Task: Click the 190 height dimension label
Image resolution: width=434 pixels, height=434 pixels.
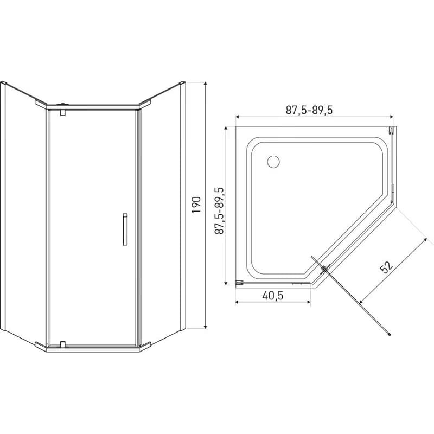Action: tap(196, 205)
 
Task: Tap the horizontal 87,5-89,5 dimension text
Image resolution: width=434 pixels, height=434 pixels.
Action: tap(309, 110)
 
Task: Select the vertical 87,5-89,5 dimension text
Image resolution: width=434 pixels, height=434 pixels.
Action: tap(219, 210)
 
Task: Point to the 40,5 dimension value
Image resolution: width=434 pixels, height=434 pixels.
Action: tap(273, 296)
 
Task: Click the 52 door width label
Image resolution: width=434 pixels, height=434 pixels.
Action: tap(386, 266)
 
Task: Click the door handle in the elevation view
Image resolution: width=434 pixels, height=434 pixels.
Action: tap(125, 229)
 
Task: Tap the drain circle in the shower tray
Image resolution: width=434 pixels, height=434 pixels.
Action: tap(273, 162)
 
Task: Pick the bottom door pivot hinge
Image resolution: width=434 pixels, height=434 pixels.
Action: tap(63, 344)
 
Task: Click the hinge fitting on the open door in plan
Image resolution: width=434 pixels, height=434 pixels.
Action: tap(325, 269)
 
